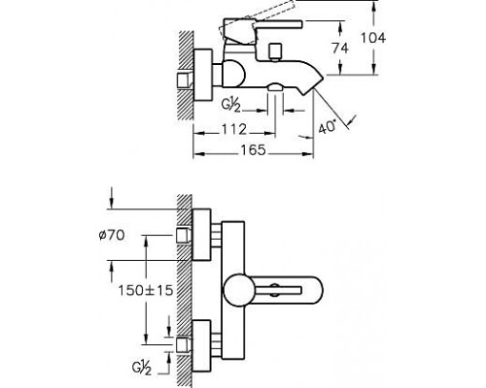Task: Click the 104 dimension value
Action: (373, 38)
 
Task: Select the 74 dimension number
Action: (340, 48)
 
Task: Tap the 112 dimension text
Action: (234, 129)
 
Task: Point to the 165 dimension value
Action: (253, 150)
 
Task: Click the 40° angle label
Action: (328, 126)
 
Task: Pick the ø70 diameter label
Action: (112, 235)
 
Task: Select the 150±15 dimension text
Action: (146, 290)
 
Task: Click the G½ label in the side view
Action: (231, 106)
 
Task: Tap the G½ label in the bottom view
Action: (142, 368)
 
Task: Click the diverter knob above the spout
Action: (275, 51)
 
